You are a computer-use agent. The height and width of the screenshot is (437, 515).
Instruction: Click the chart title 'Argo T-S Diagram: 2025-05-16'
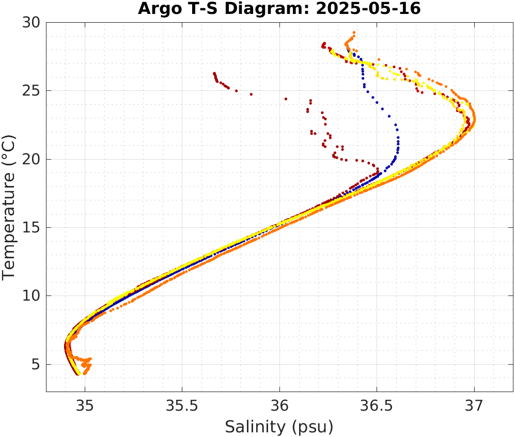tap(279, 9)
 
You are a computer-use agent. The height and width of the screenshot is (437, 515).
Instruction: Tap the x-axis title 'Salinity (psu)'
tap(279, 427)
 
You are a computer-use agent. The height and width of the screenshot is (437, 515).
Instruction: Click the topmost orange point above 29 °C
tap(354, 33)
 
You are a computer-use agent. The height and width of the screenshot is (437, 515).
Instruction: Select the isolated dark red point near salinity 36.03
tap(286, 99)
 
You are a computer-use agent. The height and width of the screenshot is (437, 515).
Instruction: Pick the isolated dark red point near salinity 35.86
tap(252, 95)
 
